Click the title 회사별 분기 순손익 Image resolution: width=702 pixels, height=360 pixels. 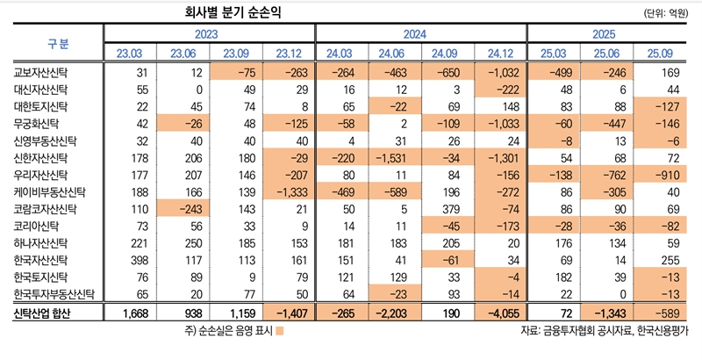233,12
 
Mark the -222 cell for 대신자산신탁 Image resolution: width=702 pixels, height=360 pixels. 489,90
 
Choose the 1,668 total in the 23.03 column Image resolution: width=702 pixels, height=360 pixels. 130,313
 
